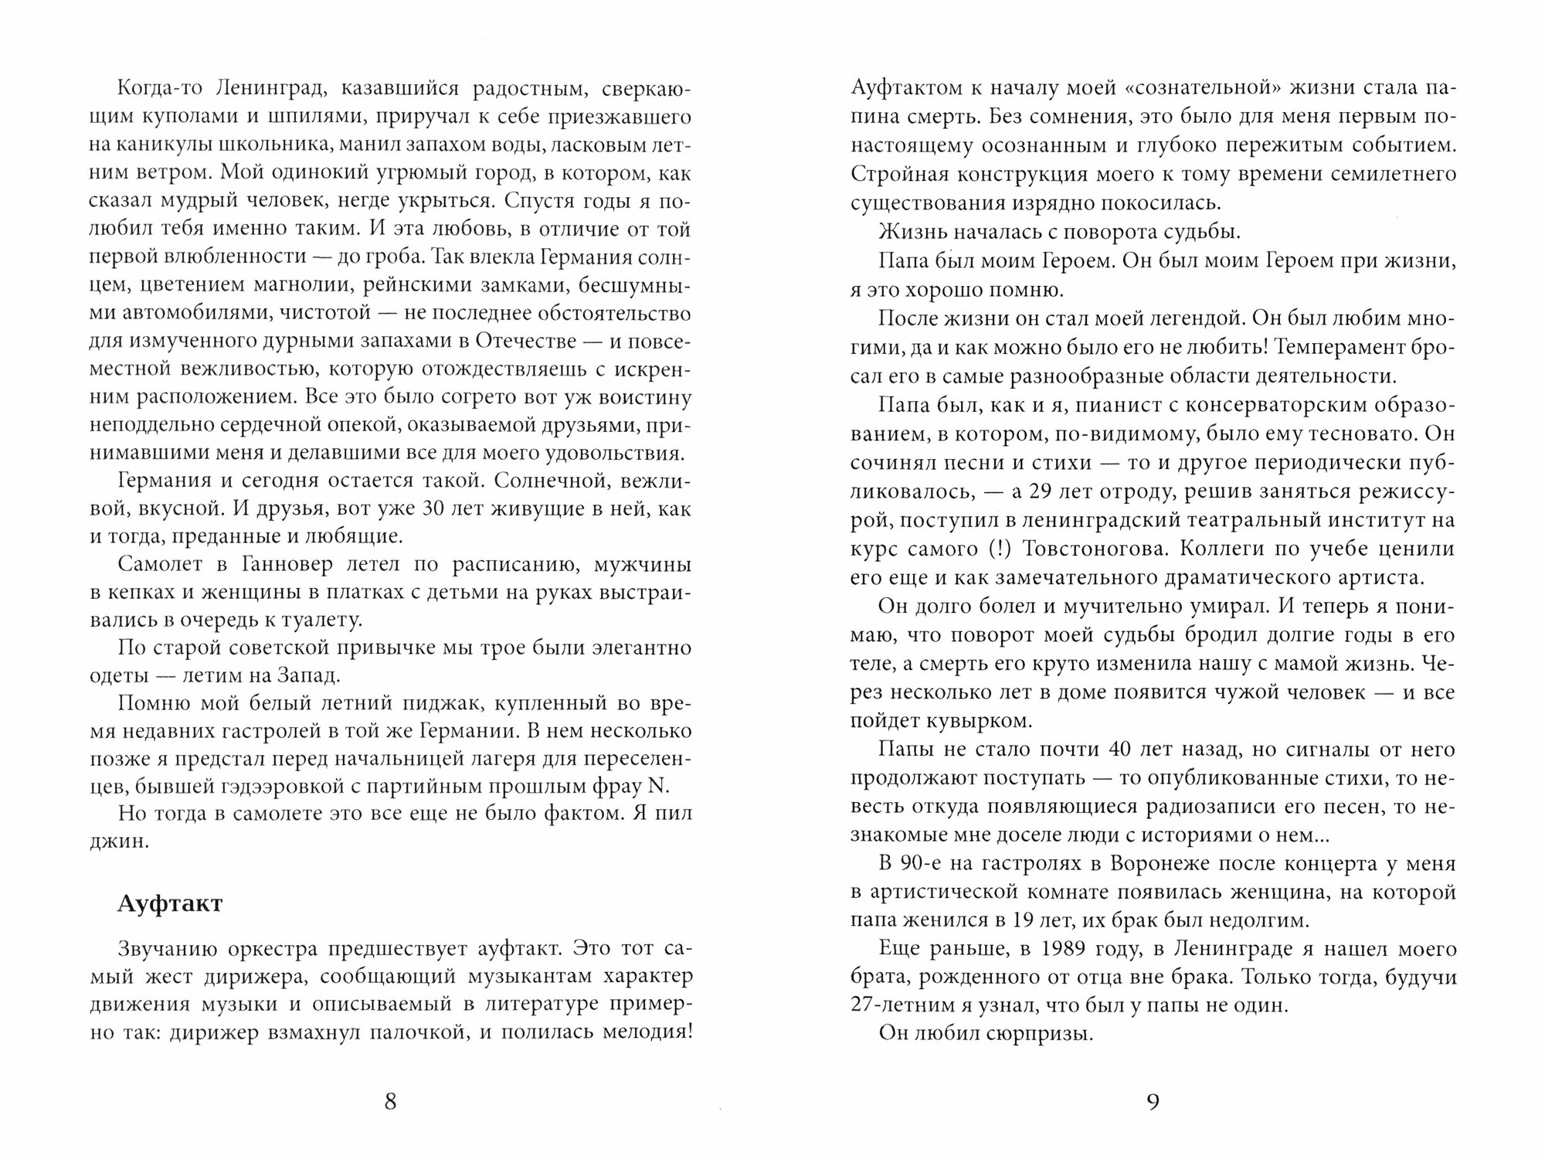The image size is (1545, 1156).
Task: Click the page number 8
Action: [x=390, y=1101]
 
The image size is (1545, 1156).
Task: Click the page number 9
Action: [x=1153, y=1101]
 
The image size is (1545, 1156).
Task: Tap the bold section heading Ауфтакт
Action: [x=170, y=903]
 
